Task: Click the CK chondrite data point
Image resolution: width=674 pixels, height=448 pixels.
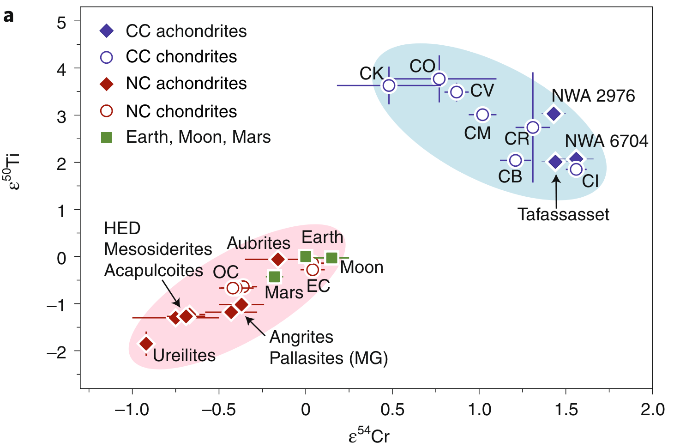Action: coord(389,85)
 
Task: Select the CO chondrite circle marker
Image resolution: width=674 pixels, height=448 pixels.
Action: coord(439,79)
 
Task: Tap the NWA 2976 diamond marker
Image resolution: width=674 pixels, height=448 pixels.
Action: coord(554,114)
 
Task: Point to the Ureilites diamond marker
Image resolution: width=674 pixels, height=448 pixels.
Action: coord(146,344)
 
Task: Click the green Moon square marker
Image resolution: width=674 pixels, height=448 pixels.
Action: coord(331,258)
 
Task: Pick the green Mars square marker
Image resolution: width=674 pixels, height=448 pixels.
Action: coord(275,277)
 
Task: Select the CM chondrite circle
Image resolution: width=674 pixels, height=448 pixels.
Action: coord(482,115)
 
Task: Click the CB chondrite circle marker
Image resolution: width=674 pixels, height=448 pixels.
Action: coord(515,160)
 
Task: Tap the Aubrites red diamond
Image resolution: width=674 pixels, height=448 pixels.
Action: coord(278,260)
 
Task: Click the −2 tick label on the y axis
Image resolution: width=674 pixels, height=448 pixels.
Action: coord(56,352)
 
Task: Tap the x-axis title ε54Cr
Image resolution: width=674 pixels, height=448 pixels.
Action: coord(369,436)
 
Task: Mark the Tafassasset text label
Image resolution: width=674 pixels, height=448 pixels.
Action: coord(563,214)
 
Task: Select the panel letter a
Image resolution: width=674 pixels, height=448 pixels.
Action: coord(8,17)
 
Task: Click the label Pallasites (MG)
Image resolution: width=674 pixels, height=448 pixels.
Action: coord(329,358)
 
